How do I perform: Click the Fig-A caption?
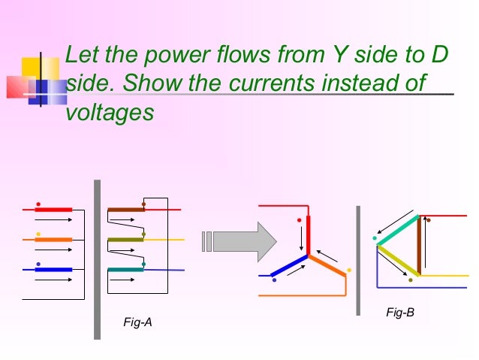coord(137,322)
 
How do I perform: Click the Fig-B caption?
coord(400,312)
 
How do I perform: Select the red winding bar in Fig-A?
coord(53,210)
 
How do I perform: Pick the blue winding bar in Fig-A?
coord(53,269)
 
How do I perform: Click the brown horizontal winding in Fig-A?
coord(125,210)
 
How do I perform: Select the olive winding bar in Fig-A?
coord(125,240)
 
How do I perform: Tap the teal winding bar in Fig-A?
coord(125,269)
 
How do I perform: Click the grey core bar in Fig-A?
coord(97,259)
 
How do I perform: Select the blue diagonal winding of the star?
coord(289,265)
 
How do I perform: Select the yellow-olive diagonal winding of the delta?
coord(399,260)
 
